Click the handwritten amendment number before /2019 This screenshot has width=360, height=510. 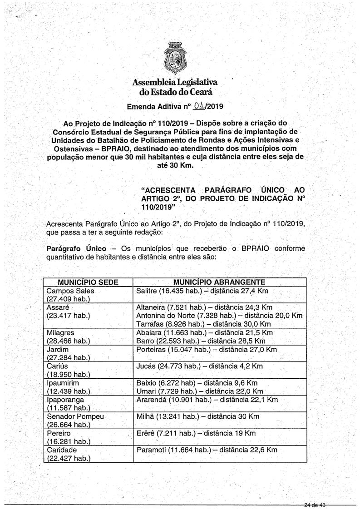tap(198, 107)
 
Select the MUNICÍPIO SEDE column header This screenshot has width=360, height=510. tap(85, 282)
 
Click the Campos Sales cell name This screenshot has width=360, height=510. tap(70, 291)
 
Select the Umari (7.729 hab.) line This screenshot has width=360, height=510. tap(200, 391)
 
